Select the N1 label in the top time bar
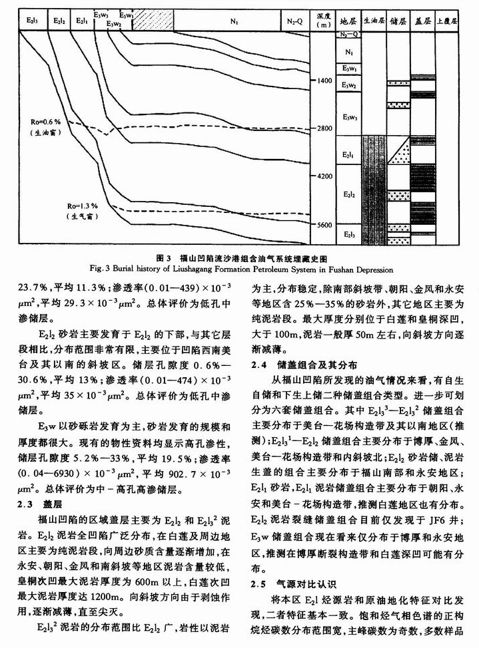pos(235,22)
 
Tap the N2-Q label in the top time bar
pos(294,22)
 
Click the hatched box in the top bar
pos(153,21)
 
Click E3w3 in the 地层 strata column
pos(347,118)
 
